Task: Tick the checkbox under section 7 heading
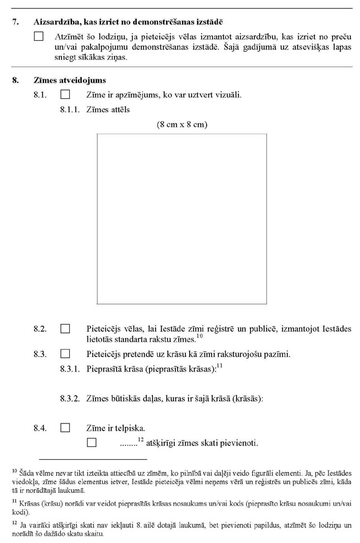[39, 36]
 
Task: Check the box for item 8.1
[65, 95]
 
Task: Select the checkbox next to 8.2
[65, 329]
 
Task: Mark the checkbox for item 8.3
[65, 354]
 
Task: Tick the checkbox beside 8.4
[65, 428]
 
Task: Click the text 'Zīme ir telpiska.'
[116, 428]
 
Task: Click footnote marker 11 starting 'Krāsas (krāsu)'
[14, 501]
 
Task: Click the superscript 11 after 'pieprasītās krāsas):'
[220, 365]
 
